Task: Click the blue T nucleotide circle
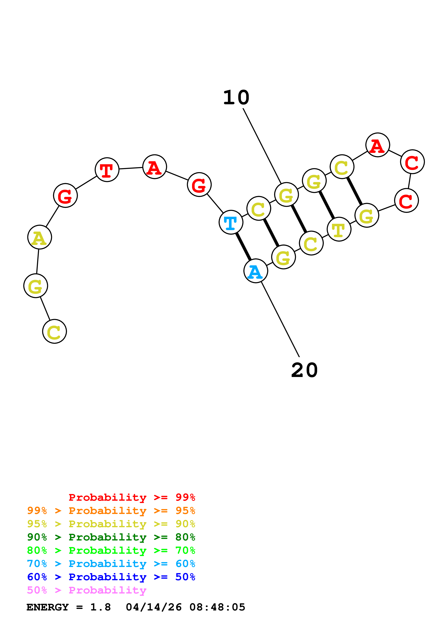[231, 222]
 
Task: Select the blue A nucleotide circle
[255, 271]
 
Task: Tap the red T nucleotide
[107, 170]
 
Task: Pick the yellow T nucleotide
[339, 229]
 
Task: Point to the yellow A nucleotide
[40, 237]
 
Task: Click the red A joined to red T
[154, 167]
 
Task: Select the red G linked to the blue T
[199, 185]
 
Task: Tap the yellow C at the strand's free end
[55, 331]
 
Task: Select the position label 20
[304, 370]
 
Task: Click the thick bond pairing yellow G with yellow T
[327, 205]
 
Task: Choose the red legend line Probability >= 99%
[132, 497]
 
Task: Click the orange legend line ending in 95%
[111, 511]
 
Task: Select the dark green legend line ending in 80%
[111, 537]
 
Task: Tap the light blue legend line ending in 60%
[111, 564]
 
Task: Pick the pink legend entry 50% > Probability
[87, 590]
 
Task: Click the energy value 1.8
[100, 607]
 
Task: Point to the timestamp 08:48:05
[217, 607]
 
